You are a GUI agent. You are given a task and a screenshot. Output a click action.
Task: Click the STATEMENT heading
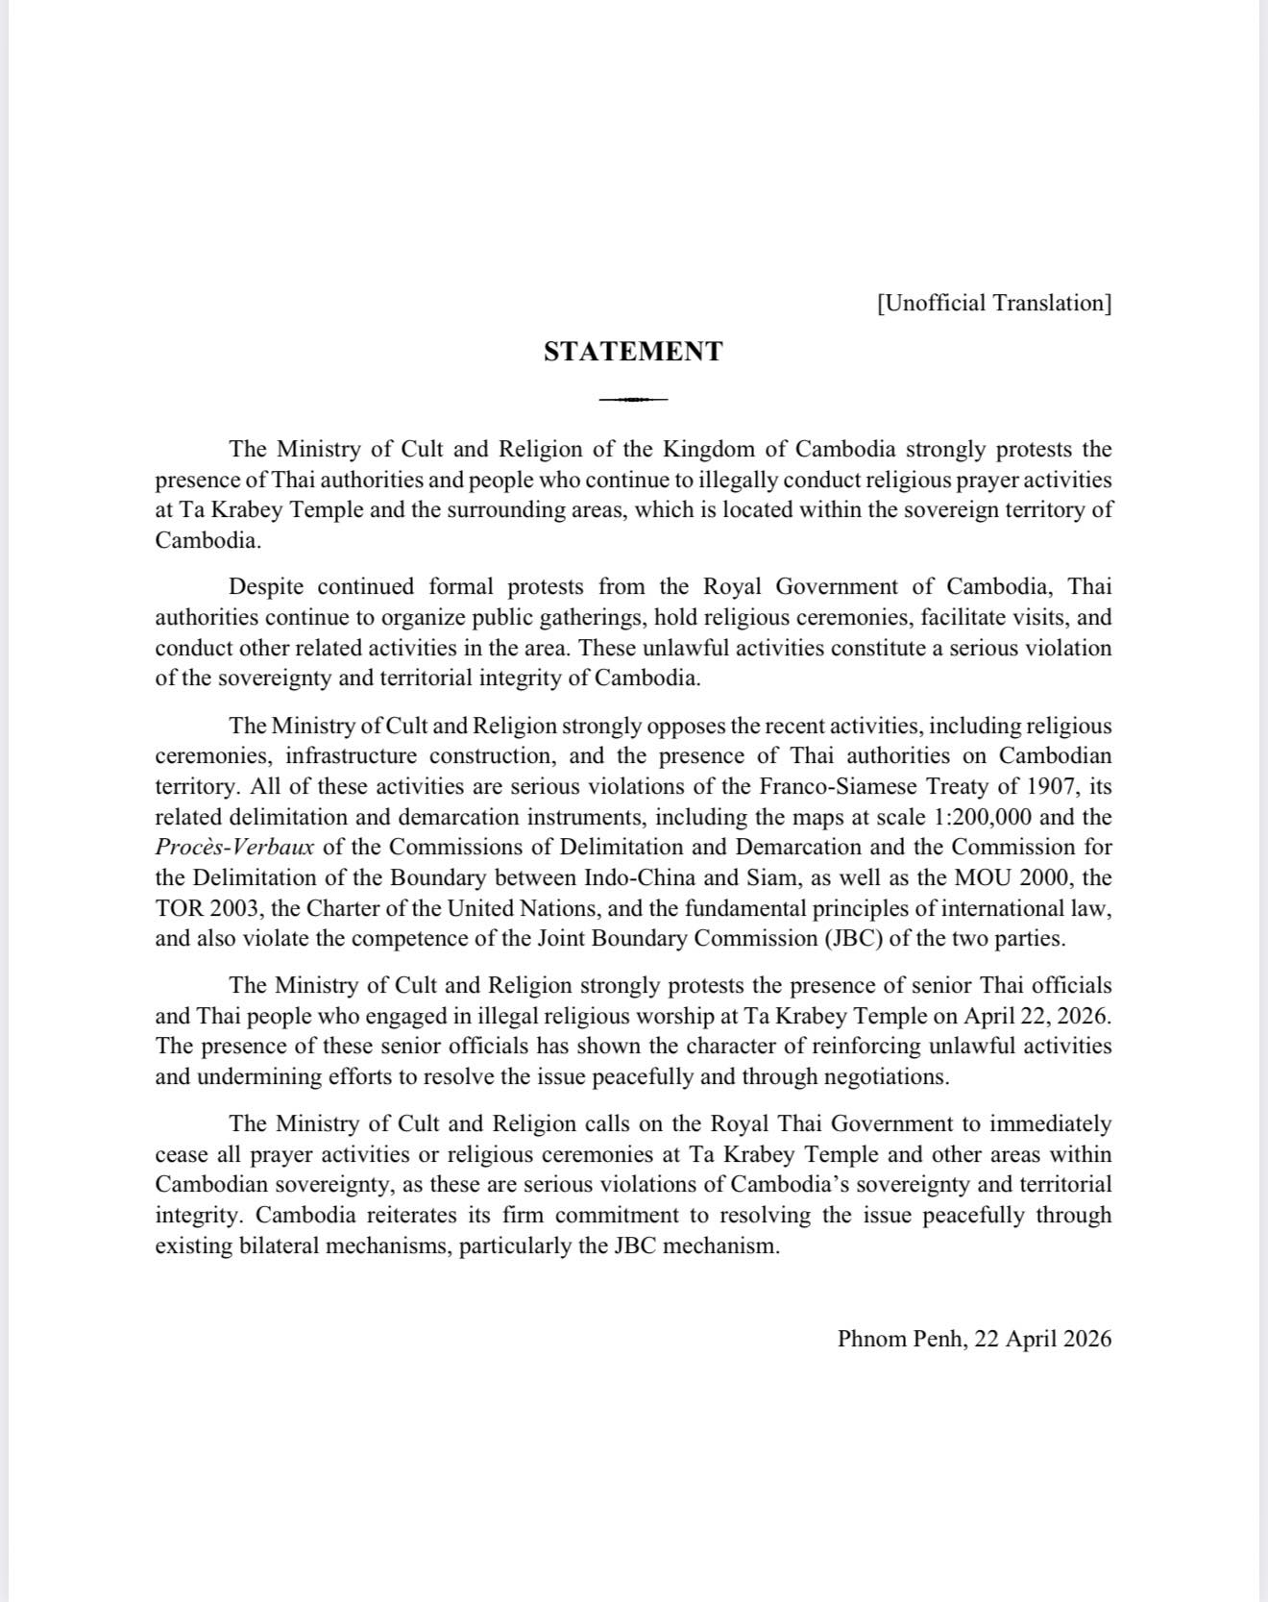pos(633,352)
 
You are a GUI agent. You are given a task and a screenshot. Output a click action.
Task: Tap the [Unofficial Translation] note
pos(993,304)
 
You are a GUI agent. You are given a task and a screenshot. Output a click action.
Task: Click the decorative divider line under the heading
pos(633,399)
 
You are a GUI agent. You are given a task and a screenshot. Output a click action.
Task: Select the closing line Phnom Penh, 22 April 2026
pos(974,1339)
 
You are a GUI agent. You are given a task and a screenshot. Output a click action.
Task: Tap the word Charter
pos(341,908)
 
